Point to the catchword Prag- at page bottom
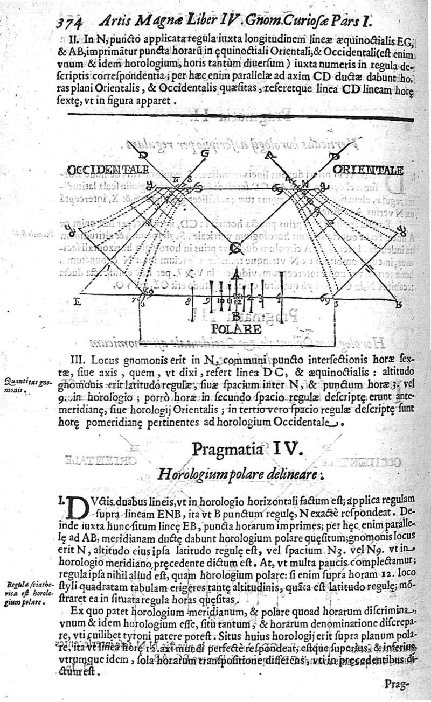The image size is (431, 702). pyautogui.click(x=398, y=685)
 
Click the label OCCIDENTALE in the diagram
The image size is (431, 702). pyautogui.click(x=108, y=170)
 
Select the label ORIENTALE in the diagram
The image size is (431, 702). pyautogui.click(x=369, y=170)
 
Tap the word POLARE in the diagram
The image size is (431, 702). pyautogui.click(x=237, y=328)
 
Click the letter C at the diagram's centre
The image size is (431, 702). pyautogui.click(x=235, y=248)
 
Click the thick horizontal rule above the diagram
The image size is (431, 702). pyautogui.click(x=240, y=117)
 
